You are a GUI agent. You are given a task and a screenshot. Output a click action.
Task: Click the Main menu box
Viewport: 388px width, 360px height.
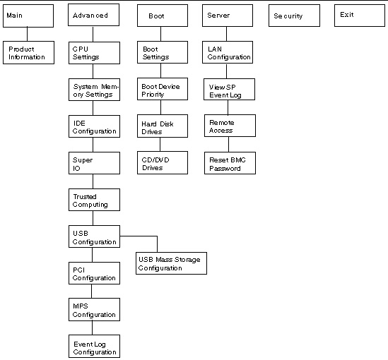[28, 16]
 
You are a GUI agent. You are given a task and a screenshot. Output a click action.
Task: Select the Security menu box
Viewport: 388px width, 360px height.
[294, 16]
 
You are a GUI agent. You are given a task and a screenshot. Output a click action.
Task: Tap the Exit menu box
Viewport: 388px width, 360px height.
[360, 16]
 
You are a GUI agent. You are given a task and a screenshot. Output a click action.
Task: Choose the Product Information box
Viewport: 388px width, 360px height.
[28, 53]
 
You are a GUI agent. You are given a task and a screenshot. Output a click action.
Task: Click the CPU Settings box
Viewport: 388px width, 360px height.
[94, 53]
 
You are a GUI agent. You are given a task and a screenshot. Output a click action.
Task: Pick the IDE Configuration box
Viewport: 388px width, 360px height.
[94, 126]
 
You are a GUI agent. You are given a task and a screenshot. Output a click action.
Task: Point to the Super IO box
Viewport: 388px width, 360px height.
[94, 163]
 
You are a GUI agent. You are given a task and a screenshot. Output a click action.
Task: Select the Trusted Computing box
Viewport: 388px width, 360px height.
[94, 200]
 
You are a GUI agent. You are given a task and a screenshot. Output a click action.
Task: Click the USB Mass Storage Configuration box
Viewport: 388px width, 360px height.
[171, 263]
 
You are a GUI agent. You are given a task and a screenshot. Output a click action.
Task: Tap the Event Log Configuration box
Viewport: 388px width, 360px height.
[94, 346]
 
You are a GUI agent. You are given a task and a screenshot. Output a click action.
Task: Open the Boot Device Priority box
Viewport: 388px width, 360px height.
[163, 89]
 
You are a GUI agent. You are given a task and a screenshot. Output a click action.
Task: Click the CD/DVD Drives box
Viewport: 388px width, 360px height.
[163, 163]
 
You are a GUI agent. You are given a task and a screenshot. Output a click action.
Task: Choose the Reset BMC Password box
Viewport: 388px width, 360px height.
[230, 163]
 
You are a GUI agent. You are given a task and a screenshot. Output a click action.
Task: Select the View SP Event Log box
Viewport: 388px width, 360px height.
[230, 90]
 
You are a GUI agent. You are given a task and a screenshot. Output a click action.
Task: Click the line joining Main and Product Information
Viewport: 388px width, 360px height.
[28, 34]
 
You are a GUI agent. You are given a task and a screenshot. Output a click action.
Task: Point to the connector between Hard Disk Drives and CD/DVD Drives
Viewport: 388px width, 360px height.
[160, 145]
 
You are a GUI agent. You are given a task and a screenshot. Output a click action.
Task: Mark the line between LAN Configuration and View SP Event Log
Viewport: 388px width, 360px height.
[227, 71]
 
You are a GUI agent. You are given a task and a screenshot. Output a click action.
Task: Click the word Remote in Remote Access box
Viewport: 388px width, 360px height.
[222, 123]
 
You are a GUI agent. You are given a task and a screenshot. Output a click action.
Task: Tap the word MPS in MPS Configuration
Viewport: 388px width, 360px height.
[81, 306]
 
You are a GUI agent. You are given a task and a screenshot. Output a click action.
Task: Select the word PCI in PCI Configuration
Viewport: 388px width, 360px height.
[78, 270]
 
